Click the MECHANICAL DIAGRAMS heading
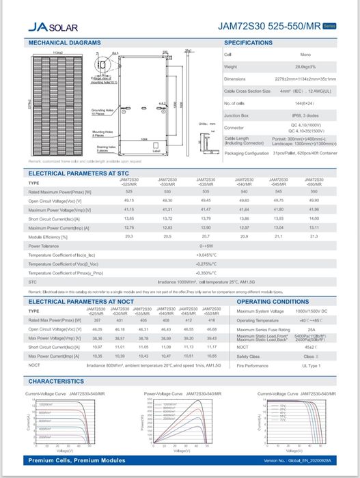[x=64, y=43]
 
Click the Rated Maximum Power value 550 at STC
[x=314, y=192]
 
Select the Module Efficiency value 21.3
[x=314, y=236]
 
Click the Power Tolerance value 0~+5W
[x=206, y=245]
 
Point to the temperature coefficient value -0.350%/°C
[x=206, y=272]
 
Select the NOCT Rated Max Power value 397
[x=97, y=320]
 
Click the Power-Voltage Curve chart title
[x=180, y=394]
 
